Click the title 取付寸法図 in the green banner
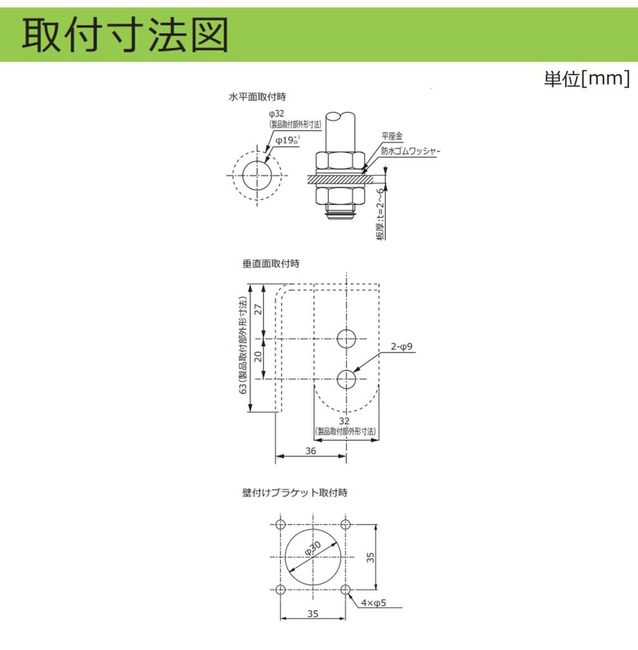125,35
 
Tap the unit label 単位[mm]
587,78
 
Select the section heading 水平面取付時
257,97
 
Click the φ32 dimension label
277,114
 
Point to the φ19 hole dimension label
288,140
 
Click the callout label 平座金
392,136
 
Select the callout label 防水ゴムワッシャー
410,151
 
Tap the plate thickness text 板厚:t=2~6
380,214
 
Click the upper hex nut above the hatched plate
340,160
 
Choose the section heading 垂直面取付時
270,263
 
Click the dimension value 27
258,309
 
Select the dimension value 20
258,356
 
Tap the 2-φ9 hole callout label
401,346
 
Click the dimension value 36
310,451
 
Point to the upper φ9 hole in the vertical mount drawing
346,339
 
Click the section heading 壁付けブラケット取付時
295,493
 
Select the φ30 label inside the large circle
313,548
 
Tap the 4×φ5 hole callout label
373,603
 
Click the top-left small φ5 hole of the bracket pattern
281,525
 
